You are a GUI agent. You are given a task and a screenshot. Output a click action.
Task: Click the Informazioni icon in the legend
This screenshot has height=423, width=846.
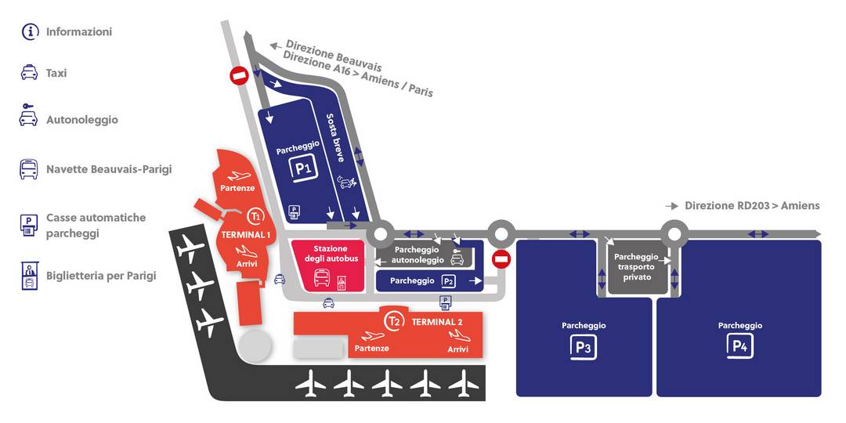[30, 32]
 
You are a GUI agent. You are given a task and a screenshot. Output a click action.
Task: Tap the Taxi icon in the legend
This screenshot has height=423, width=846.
[29, 72]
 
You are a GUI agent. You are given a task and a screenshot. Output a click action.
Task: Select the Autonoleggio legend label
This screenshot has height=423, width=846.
[81, 120]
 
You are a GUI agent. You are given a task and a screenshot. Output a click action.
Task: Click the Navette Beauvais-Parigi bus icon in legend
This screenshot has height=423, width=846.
[29, 169]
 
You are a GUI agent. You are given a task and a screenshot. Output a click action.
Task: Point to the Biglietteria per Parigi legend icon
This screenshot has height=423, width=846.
[29, 276]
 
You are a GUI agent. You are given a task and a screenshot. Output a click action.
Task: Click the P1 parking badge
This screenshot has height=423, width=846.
[303, 168]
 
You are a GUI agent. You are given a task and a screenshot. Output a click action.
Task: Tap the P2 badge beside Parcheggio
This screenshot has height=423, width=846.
[448, 281]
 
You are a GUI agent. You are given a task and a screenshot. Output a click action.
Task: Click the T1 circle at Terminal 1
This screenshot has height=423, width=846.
[255, 215]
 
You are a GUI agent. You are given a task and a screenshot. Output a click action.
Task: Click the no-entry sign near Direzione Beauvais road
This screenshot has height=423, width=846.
[239, 76]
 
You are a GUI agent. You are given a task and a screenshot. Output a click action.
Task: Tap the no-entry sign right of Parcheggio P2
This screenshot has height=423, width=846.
[501, 259]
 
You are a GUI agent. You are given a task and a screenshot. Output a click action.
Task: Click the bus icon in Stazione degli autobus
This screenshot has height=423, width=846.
[322, 277]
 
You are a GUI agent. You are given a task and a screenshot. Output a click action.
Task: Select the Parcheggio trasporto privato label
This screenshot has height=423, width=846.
[636, 266]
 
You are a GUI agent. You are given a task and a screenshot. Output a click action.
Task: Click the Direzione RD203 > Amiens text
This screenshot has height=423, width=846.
[752, 205]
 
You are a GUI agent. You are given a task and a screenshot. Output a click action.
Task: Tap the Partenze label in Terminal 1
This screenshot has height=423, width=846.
[237, 188]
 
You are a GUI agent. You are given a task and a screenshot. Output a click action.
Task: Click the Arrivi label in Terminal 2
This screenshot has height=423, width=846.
[457, 349]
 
